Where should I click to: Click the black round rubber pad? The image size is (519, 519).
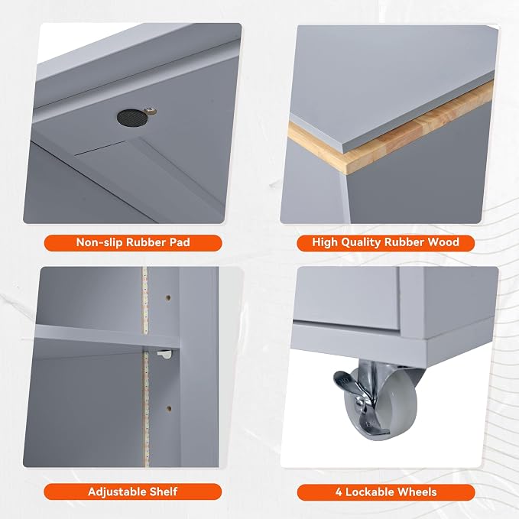pyautogui.click(x=131, y=118)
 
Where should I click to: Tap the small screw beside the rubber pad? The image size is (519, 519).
pyautogui.click(x=150, y=110)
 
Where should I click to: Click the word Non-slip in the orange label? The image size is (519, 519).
pyautogui.click(x=99, y=242)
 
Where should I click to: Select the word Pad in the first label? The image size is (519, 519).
pyautogui.click(x=180, y=242)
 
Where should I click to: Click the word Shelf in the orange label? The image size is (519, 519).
pyautogui.click(x=164, y=491)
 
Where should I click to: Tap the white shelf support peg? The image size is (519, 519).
pyautogui.click(x=164, y=355)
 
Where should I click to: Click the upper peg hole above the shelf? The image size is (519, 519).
pyautogui.click(x=168, y=298)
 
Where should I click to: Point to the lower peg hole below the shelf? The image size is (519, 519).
pyautogui.click(x=169, y=409)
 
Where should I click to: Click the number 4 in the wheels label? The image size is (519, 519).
pyautogui.click(x=339, y=492)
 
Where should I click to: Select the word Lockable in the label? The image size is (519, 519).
pyautogui.click(x=369, y=491)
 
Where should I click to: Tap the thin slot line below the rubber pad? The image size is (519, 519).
pyautogui.click(x=100, y=148)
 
